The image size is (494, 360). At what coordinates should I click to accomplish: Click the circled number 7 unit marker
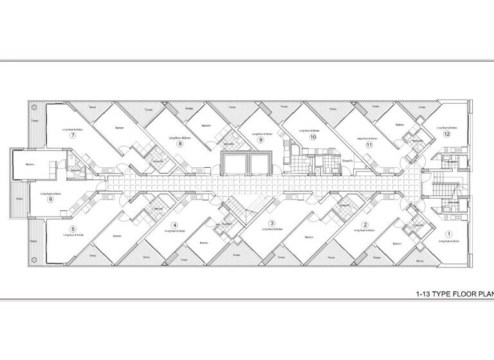(x=73, y=136)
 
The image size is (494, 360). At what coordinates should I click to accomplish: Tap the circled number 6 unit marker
(x=50, y=199)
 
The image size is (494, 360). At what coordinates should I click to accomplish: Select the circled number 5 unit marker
(x=73, y=230)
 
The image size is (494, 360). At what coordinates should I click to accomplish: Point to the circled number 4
(x=174, y=225)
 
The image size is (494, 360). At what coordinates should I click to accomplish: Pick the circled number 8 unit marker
(x=180, y=143)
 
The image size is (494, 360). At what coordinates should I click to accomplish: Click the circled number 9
(x=261, y=139)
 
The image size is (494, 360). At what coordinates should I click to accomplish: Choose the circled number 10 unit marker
(x=313, y=137)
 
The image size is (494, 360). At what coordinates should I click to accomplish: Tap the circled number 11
(x=369, y=145)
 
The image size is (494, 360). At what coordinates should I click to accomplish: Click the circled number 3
(x=272, y=224)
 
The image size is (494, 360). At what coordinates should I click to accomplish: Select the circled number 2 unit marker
(x=365, y=225)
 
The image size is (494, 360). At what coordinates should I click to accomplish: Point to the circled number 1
(x=450, y=235)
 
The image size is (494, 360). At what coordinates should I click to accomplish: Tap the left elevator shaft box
(x=233, y=163)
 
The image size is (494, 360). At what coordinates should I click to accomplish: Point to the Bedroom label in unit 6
(x=30, y=165)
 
